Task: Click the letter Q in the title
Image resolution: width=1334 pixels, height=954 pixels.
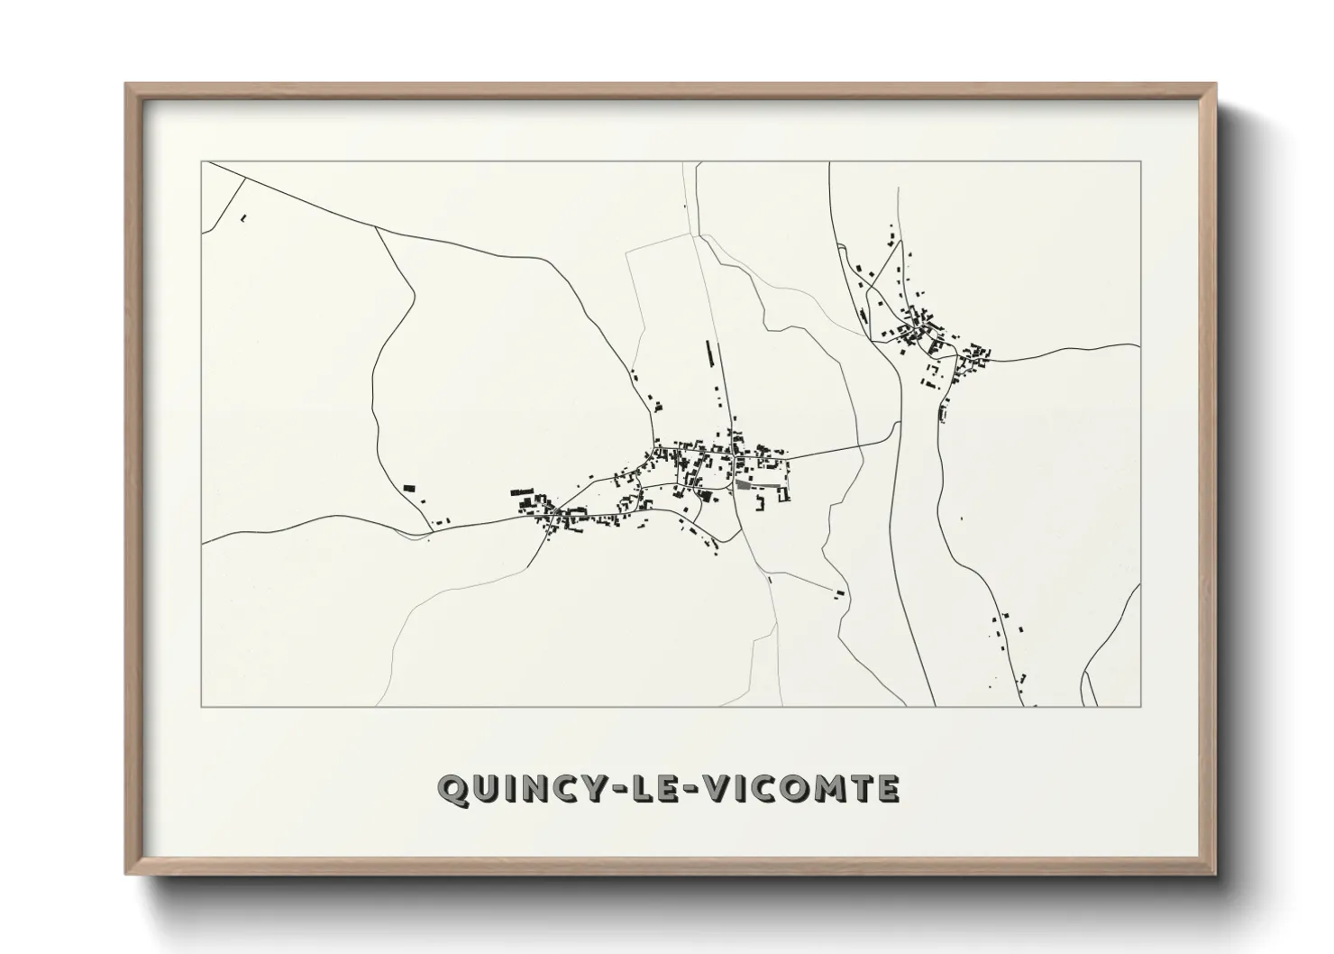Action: (x=452, y=789)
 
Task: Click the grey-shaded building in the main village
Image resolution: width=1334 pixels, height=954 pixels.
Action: (x=743, y=484)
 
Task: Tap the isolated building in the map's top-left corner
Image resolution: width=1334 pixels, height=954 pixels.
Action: (x=243, y=217)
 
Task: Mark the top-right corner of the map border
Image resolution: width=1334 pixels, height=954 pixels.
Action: (x=1141, y=161)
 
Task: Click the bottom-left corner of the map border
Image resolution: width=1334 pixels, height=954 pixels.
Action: (x=201, y=706)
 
